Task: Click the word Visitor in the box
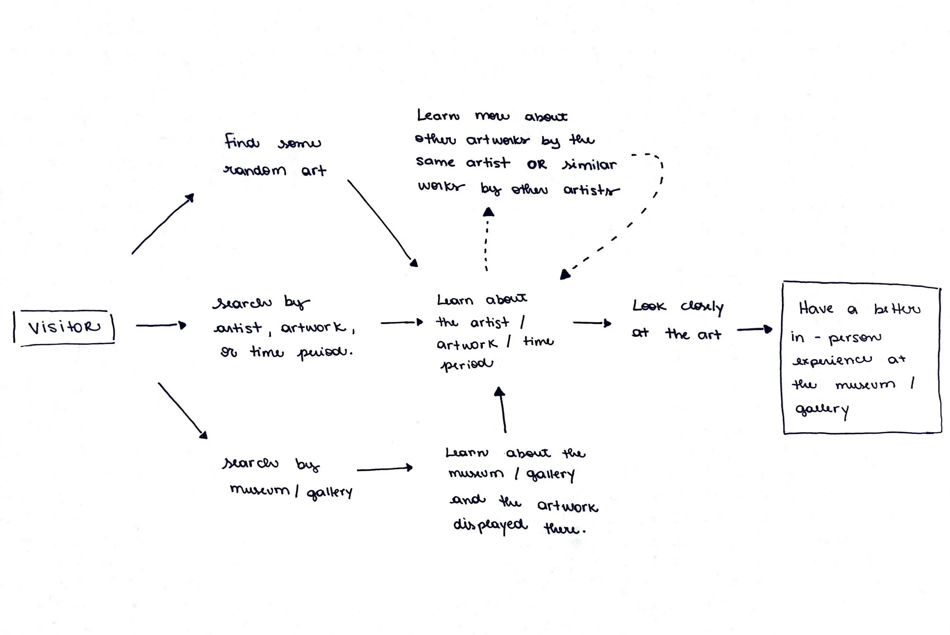pyautogui.click(x=64, y=327)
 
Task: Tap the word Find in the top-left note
pyautogui.click(x=242, y=142)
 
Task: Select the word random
pyautogui.click(x=255, y=170)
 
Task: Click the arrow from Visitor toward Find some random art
pyautogui.click(x=162, y=224)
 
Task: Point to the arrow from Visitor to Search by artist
pyautogui.click(x=161, y=325)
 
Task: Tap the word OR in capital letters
pyautogui.click(x=537, y=165)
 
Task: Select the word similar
pyautogui.click(x=589, y=165)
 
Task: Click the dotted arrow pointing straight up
pyautogui.click(x=487, y=239)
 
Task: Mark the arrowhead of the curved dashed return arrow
pyautogui.click(x=565, y=275)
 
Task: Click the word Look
pyautogui.click(x=649, y=306)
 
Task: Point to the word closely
pyautogui.click(x=702, y=307)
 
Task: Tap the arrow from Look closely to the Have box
pyautogui.click(x=754, y=329)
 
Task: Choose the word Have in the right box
pyautogui.click(x=816, y=309)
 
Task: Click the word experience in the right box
pyautogui.click(x=832, y=360)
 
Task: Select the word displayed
pyautogui.click(x=490, y=525)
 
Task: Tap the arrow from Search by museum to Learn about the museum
pyautogui.click(x=384, y=469)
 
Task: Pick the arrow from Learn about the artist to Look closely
pyautogui.click(x=592, y=323)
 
